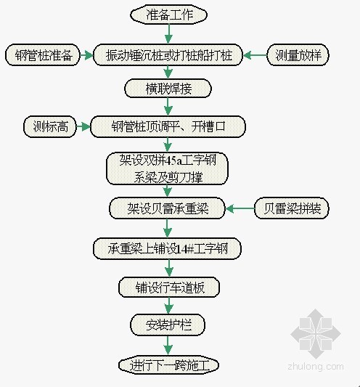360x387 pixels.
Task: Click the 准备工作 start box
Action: coord(168,15)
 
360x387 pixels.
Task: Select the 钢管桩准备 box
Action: coord(43,55)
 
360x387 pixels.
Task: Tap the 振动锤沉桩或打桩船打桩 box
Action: coord(168,55)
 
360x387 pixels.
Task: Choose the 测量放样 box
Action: coord(298,55)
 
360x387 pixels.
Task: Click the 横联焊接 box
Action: coord(168,89)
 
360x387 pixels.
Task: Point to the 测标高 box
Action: coord(50,126)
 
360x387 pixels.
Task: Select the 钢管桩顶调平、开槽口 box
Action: coord(168,126)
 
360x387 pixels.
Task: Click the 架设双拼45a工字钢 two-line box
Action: coord(167,169)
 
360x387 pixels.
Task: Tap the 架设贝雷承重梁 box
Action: coord(167,208)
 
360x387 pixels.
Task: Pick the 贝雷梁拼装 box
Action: coord(292,208)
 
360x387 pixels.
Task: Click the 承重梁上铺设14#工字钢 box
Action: coord(167,248)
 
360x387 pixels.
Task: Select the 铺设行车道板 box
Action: coord(169,287)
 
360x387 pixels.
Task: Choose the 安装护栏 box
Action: coord(168,325)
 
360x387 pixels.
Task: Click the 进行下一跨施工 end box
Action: coord(169,365)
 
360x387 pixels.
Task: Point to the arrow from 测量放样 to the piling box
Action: coord(255,55)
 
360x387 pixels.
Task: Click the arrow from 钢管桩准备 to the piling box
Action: coord(86,55)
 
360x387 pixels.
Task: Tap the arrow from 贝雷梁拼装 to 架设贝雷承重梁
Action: coord(240,208)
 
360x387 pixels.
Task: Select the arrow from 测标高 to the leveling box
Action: coord(83,127)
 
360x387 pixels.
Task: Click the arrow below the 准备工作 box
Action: coord(169,34)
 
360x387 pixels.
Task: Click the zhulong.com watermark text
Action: coord(316,367)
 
